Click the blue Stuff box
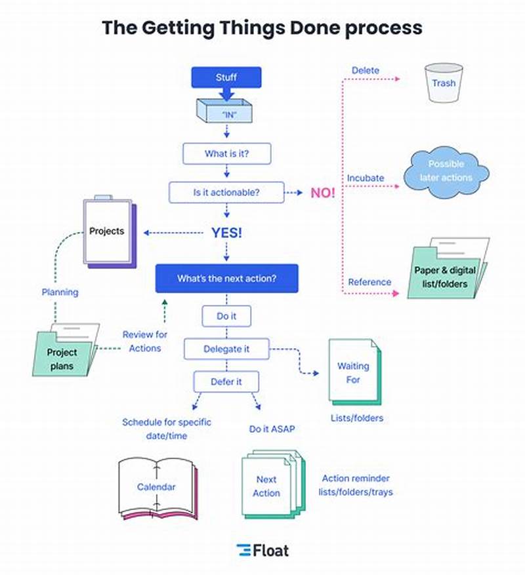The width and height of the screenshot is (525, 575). tap(226, 77)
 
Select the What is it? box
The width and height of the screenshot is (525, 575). tap(226, 154)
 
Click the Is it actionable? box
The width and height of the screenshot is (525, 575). tap(226, 193)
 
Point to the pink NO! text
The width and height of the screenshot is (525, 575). tap(323, 193)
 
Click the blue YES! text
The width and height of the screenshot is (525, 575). tap(226, 233)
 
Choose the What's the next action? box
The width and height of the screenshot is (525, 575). tap(226, 278)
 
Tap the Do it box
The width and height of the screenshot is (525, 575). tap(226, 316)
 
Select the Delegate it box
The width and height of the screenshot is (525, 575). tap(226, 349)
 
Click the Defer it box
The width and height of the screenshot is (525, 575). tap(226, 382)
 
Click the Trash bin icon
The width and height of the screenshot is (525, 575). tap(444, 83)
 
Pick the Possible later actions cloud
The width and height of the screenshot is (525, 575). tap(446, 170)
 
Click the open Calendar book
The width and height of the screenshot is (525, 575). tap(156, 488)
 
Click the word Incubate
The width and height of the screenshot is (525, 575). tap(366, 178)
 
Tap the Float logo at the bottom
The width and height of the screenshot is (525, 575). tap(262, 550)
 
